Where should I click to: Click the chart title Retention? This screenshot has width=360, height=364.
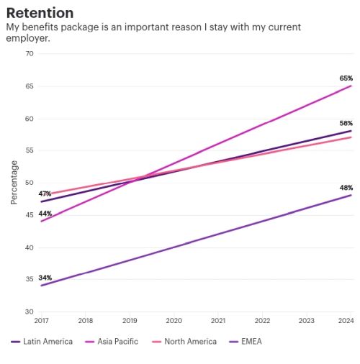click(40, 13)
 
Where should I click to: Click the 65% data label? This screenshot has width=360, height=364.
click(346, 78)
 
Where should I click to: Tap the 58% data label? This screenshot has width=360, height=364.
click(346, 123)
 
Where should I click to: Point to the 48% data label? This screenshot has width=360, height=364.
click(346, 188)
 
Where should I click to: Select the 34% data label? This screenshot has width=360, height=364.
click(45, 278)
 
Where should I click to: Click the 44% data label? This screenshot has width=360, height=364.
click(45, 214)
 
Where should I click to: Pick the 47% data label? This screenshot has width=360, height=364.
click(45, 194)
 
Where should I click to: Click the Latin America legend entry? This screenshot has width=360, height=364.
click(42, 342)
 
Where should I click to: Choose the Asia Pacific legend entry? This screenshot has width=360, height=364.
click(112, 342)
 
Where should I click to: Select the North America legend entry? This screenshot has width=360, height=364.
click(184, 342)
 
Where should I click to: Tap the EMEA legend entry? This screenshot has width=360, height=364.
click(246, 342)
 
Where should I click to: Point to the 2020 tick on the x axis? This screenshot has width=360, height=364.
click(174, 321)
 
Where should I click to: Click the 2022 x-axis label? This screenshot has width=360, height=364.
click(262, 321)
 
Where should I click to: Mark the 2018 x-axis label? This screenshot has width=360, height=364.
click(86, 321)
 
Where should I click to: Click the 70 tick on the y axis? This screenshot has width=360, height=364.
click(30, 53)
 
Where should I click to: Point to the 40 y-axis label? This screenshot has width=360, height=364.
click(30, 247)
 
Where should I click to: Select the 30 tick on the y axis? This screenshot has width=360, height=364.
click(30, 311)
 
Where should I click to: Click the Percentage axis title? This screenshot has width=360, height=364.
click(14, 182)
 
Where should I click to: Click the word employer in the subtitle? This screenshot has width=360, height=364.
click(28, 38)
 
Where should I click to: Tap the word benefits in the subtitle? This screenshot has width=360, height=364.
click(40, 27)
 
